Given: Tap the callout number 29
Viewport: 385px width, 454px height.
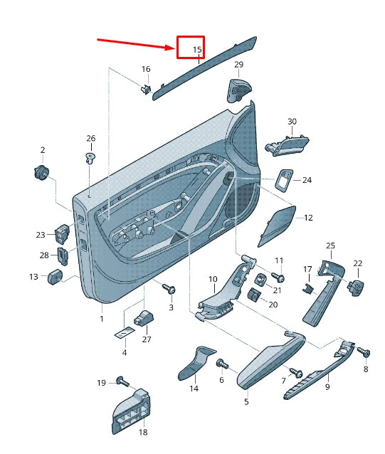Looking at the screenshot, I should pyautogui.click(x=238, y=65).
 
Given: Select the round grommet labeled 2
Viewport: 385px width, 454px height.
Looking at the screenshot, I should pyautogui.click(x=41, y=171).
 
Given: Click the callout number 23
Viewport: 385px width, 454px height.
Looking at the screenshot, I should pyautogui.click(x=41, y=234).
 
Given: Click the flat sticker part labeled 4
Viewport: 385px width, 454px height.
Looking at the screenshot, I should pyautogui.click(x=125, y=332).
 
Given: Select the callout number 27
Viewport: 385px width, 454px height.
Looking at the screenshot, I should pyautogui.click(x=147, y=339).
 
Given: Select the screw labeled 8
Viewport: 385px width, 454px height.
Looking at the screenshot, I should pyautogui.click(x=364, y=352).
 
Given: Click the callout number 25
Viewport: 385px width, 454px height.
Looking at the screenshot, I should pyautogui.click(x=330, y=246).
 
